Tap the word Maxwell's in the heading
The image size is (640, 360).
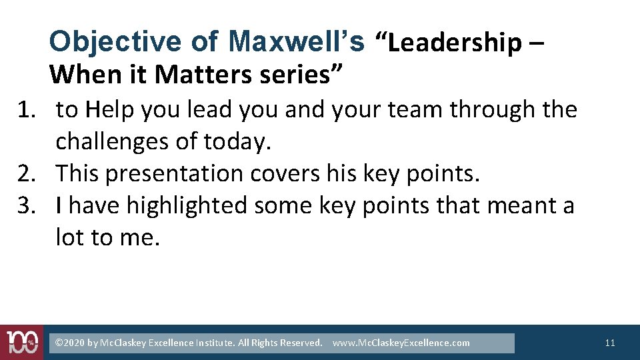296,42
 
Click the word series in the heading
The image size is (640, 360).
293,74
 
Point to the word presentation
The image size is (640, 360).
175,173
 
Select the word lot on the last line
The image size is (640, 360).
69,237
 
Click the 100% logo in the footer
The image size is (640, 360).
21,343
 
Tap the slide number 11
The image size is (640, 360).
610,343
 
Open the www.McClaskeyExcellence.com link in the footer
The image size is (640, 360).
401,343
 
